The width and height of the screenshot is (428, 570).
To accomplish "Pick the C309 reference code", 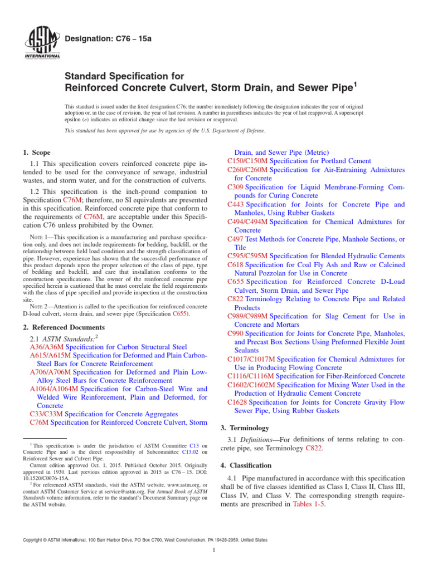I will (x=235, y=187).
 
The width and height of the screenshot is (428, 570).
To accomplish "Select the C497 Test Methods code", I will (x=235, y=238).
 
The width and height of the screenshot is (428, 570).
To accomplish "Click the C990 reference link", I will (x=235, y=333).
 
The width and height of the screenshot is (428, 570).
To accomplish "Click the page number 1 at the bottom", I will (x=214, y=551).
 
